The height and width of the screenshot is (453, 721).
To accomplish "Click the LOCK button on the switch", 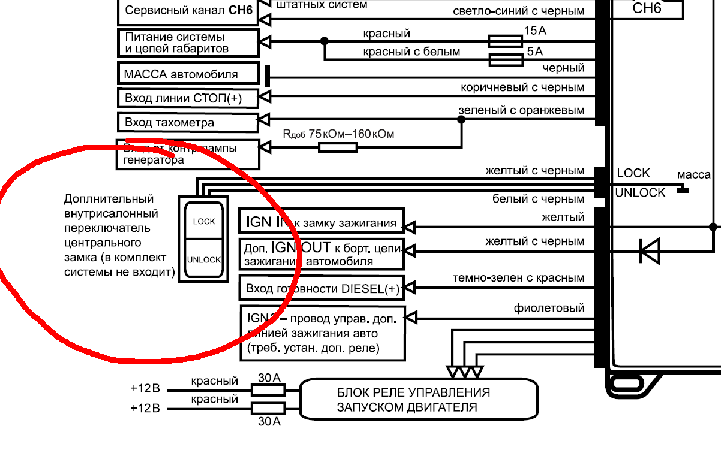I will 204,221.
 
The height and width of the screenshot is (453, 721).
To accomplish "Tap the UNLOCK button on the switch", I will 204,259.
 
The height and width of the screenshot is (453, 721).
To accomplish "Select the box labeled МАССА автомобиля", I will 189,74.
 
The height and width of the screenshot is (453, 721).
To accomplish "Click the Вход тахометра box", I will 189,122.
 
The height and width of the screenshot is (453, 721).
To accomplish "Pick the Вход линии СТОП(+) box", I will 189,98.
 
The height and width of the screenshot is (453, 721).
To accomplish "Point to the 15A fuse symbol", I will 505,41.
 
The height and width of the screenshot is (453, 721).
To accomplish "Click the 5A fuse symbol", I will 505,60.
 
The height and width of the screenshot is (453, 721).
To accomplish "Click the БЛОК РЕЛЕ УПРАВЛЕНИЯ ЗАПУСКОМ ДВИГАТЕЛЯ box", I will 417,400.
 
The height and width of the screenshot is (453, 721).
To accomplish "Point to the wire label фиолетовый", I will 549,309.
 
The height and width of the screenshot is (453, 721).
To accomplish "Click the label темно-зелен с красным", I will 518,278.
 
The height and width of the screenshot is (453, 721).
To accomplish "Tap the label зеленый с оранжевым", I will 521,111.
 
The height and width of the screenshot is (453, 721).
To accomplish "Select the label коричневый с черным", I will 522,87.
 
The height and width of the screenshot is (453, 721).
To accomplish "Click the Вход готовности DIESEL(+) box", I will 322,288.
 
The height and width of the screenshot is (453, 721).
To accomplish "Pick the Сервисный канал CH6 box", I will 189,11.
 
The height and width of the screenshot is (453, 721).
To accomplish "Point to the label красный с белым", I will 411,52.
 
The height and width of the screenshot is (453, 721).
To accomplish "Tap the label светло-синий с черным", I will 518,11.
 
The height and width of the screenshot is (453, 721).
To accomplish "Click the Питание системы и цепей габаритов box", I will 189,43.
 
